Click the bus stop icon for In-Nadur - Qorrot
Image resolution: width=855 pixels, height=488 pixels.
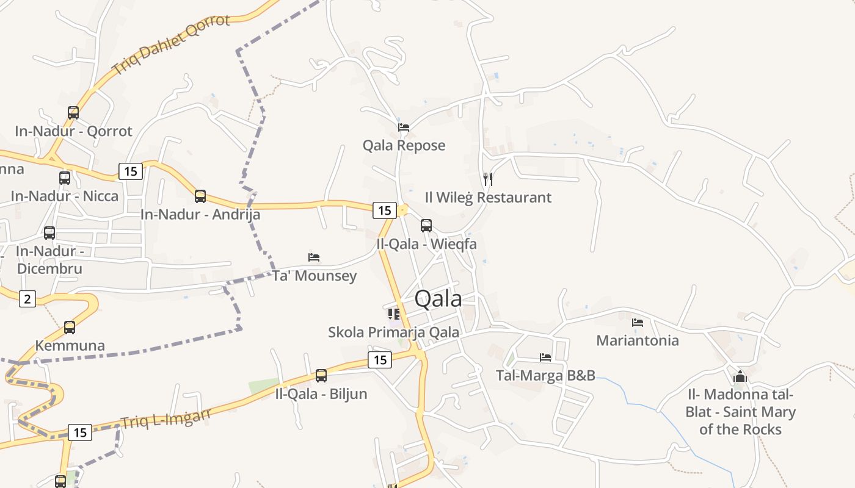[x=73, y=113]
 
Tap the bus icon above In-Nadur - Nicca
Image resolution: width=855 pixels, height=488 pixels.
[x=65, y=178]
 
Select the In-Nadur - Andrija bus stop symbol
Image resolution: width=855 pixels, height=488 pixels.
[x=200, y=196]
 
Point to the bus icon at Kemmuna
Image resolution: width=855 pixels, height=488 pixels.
[x=70, y=328]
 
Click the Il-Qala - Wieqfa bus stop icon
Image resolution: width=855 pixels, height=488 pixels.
[x=426, y=226]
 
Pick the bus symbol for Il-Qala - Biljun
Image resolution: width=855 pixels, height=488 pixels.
[x=321, y=376]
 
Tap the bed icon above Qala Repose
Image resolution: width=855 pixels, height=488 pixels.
[x=404, y=127]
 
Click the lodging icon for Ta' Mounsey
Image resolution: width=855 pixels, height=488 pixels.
[x=314, y=257]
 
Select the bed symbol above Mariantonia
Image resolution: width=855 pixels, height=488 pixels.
[x=638, y=323]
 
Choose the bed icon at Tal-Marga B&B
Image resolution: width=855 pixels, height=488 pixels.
[x=545, y=357]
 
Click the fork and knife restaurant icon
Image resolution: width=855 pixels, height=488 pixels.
[x=487, y=179]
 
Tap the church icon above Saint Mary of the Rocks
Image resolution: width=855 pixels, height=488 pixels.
[x=740, y=376]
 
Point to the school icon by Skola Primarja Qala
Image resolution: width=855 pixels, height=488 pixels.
[x=394, y=314]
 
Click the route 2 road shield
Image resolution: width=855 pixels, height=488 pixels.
[x=27, y=299]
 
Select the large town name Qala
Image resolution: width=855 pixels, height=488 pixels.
[x=438, y=299]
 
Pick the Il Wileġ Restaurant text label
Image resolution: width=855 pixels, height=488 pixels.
[x=488, y=198]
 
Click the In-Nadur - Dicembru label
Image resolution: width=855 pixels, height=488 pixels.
[x=49, y=260]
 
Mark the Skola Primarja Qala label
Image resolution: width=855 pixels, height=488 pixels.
[x=393, y=332]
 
